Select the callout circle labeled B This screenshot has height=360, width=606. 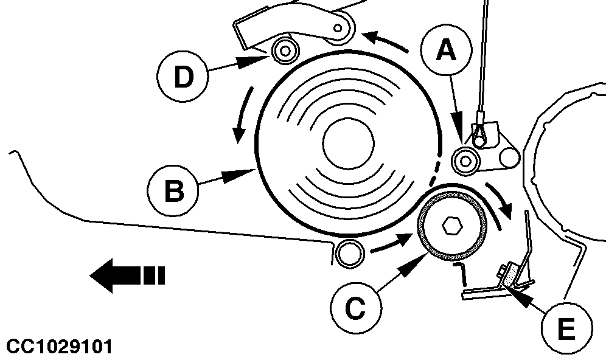click(173, 193)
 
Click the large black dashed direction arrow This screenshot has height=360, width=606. click(127, 275)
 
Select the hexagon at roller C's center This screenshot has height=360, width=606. click(451, 226)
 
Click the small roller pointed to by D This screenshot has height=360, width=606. click(283, 51)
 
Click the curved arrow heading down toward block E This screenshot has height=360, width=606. click(504, 205)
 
